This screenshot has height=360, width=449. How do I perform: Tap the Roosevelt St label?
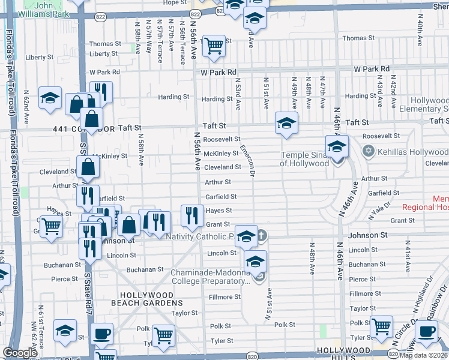click(x=221, y=139)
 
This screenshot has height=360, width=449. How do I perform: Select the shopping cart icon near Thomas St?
click(x=214, y=46)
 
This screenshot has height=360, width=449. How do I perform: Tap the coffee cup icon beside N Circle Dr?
click(x=427, y=331)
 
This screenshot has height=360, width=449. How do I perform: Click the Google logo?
click(x=20, y=353)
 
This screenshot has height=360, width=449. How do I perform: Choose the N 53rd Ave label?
click(x=238, y=94)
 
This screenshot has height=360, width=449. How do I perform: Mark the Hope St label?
click(x=175, y=3)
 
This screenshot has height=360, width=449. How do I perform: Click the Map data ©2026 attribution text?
click(x=424, y=355)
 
